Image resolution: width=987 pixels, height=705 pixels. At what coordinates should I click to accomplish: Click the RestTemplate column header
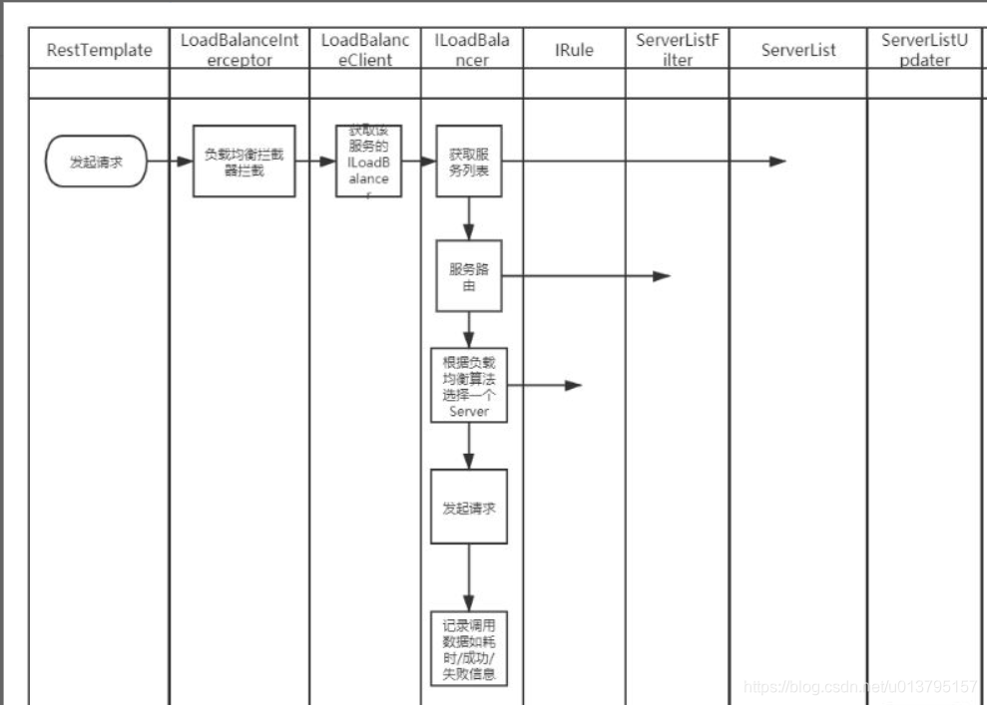click(x=99, y=50)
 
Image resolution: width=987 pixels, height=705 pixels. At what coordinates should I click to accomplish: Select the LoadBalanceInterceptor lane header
click(x=240, y=50)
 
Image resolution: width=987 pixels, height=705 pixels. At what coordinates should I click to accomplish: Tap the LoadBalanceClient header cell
click(x=365, y=50)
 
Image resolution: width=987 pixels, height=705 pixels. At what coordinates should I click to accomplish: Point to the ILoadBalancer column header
click(x=472, y=50)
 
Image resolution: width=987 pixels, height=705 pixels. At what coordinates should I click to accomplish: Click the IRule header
click(x=574, y=50)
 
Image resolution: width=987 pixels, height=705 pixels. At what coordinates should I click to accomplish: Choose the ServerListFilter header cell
click(x=677, y=50)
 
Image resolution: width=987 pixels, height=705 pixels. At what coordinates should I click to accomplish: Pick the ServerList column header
click(x=797, y=50)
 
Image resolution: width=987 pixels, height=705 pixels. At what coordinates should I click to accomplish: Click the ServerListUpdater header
click(x=923, y=50)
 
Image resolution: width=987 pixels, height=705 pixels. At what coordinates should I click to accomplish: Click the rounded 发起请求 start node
click(x=97, y=162)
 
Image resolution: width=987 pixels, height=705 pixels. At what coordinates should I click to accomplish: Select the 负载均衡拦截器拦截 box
click(x=244, y=162)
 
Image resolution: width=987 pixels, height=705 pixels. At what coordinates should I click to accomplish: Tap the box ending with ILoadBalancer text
click(x=368, y=162)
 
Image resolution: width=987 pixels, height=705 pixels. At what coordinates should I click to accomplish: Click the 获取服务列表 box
click(x=468, y=162)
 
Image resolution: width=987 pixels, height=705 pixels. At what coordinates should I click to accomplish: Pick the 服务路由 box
click(x=468, y=276)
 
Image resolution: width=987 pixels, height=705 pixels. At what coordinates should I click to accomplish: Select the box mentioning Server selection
click(x=468, y=385)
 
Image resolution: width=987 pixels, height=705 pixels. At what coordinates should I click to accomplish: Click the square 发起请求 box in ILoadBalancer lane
click(x=468, y=507)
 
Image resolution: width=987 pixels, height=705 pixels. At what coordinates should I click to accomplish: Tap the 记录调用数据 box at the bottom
click(x=468, y=648)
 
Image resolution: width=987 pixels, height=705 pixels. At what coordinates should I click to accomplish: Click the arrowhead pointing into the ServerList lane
click(x=777, y=162)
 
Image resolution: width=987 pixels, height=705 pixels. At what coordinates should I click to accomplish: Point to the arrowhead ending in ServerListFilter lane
click(x=662, y=276)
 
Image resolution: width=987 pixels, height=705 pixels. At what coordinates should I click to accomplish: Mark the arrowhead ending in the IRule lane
click(x=573, y=385)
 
